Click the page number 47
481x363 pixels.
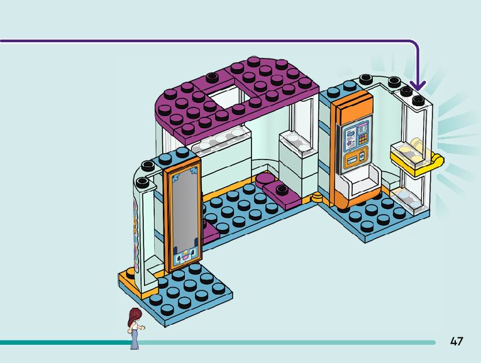456,341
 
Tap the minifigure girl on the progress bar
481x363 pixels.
135,328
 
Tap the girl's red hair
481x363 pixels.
133,315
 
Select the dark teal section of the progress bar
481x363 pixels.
63,342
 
